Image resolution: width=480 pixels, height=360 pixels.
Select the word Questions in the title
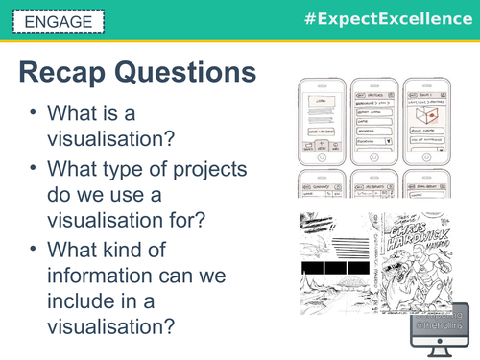click(192, 73)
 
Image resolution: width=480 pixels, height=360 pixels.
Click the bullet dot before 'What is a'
click(34, 112)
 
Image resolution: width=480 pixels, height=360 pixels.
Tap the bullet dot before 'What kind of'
click(34, 251)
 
